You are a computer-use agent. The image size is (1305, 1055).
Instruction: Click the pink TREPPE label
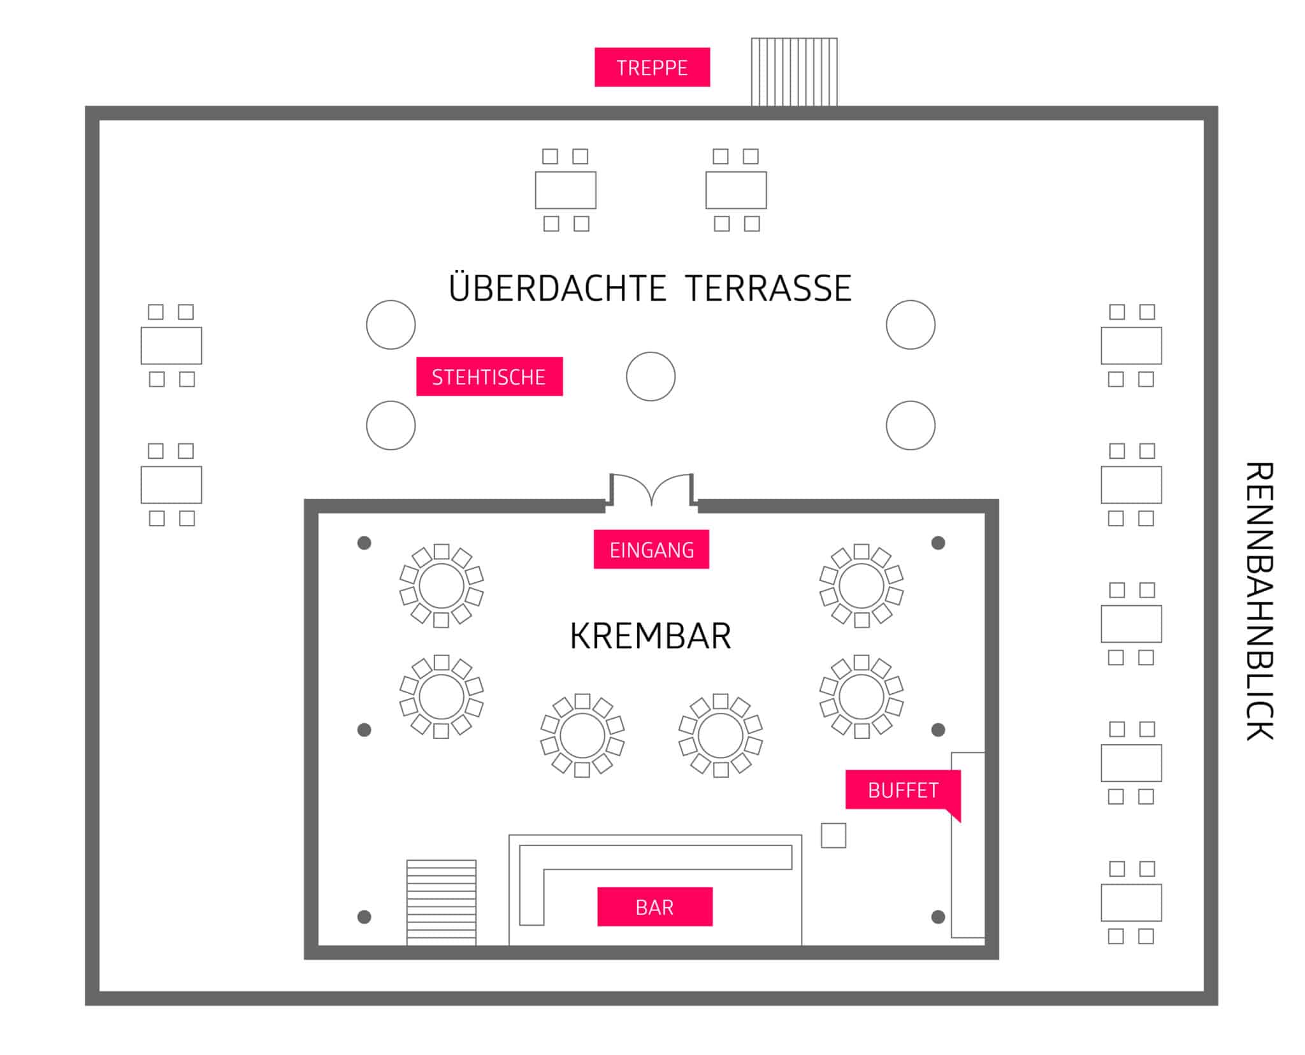click(x=652, y=67)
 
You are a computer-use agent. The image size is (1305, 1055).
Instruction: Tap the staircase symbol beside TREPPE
click(x=794, y=71)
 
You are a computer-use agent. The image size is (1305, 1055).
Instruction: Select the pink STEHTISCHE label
click(x=489, y=377)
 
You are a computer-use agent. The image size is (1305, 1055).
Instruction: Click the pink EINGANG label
click(x=651, y=549)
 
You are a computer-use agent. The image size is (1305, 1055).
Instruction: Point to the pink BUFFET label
click(x=902, y=790)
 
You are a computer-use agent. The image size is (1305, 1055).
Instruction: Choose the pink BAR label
click(x=654, y=907)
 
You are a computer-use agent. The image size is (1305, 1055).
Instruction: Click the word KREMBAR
click(x=650, y=636)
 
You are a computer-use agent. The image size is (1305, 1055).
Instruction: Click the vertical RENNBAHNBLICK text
click(x=1259, y=601)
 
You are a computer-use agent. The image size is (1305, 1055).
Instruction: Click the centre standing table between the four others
click(x=651, y=377)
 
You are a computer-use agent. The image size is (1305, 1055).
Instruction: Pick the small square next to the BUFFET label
click(x=833, y=835)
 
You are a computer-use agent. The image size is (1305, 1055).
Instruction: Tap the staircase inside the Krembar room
click(x=441, y=902)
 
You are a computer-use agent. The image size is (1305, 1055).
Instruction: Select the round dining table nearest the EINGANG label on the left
click(x=441, y=586)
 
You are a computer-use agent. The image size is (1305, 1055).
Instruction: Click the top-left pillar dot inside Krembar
click(x=364, y=543)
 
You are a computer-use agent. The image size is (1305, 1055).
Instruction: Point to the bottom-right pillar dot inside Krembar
click(x=938, y=917)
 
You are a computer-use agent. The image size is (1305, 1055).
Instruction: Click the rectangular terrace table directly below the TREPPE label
click(x=565, y=190)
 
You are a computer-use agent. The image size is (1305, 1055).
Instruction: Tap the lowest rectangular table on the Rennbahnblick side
click(x=1131, y=902)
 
